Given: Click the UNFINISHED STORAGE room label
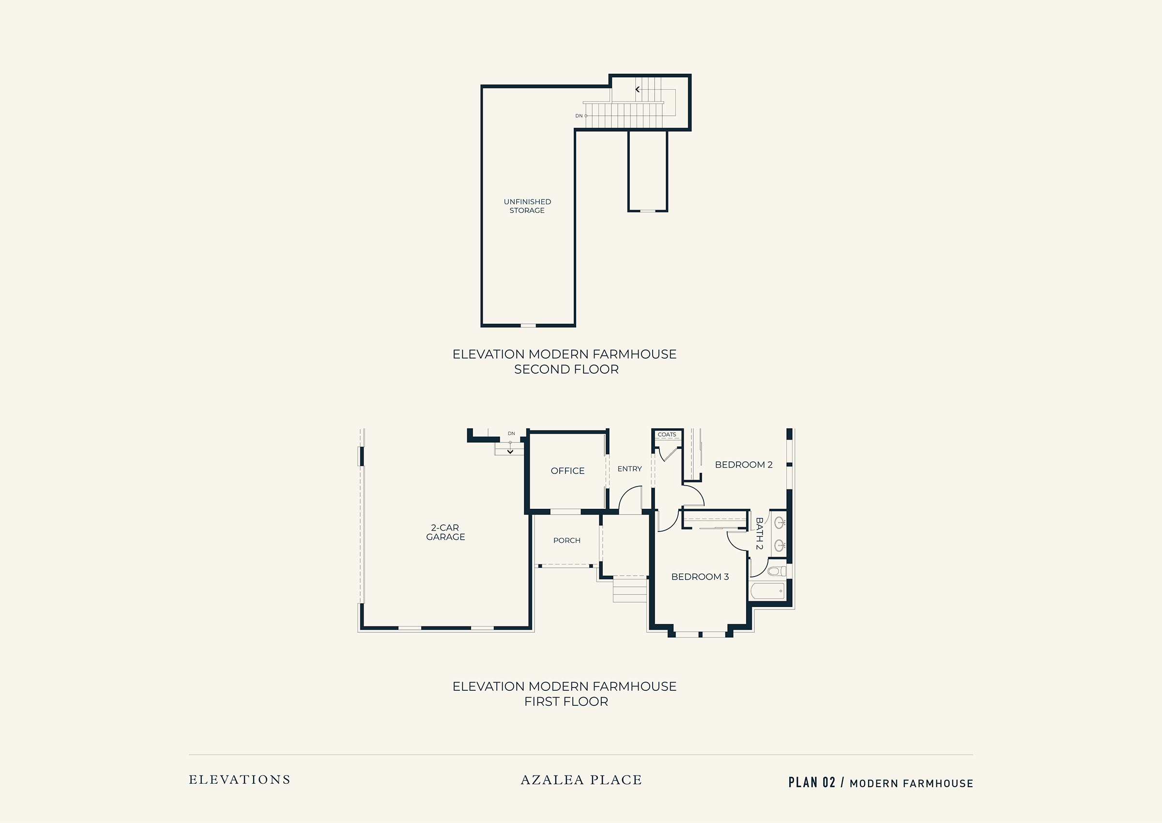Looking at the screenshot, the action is click(x=527, y=206).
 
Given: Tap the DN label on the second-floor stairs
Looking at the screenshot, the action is click(x=579, y=116).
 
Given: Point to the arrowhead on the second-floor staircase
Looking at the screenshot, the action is click(x=638, y=89).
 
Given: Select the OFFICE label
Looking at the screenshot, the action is click(x=567, y=471).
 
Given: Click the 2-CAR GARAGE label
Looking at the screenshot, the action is click(x=445, y=532).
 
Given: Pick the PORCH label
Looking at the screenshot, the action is click(x=566, y=540).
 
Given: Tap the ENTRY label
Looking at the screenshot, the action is click(x=629, y=469).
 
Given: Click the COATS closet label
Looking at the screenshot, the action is click(x=666, y=434).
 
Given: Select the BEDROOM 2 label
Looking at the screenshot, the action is click(x=743, y=465).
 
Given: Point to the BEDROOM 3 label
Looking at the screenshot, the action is click(x=700, y=577).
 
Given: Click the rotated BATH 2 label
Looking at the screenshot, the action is click(x=759, y=533).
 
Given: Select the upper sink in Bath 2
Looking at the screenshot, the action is click(x=780, y=521).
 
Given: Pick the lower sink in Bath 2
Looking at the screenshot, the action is click(x=780, y=546).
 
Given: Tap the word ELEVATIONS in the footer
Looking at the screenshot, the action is click(x=240, y=779).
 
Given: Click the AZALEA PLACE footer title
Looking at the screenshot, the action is click(x=581, y=779).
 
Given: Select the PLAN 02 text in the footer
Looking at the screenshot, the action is click(x=811, y=782).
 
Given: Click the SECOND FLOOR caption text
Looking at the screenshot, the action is click(x=566, y=369).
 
